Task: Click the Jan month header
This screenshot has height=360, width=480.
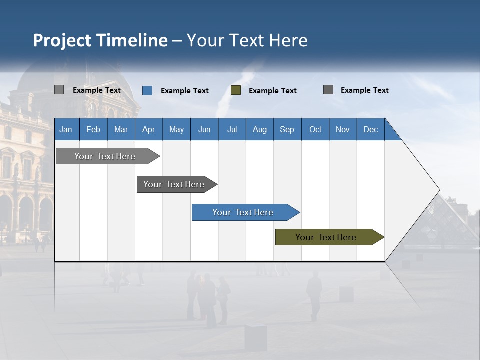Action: point(66,129)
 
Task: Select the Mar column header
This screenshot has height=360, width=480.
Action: point(121,129)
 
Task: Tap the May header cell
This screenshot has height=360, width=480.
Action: point(176,129)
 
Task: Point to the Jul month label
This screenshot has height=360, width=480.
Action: point(232,129)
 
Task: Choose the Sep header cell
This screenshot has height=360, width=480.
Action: point(287,129)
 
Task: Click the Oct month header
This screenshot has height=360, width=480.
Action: point(315,129)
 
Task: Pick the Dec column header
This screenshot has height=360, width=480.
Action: point(370,129)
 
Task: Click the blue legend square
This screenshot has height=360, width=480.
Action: point(147,90)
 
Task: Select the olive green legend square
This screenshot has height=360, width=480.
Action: point(236,90)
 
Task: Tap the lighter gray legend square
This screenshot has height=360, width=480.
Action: point(59,90)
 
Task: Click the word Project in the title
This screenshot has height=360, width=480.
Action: point(62,40)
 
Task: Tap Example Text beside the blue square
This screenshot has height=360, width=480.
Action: point(185,91)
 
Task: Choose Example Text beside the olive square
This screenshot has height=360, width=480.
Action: point(273,91)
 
